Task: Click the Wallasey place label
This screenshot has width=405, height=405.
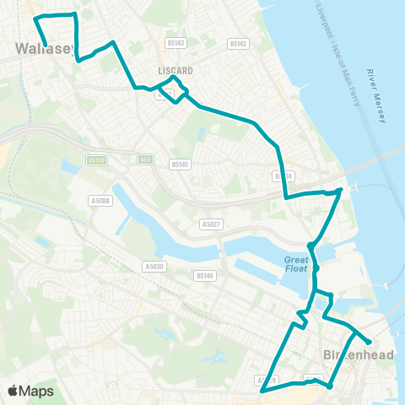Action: [34, 50]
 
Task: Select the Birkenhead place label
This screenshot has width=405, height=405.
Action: [359, 355]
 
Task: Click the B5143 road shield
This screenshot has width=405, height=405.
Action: [175, 41]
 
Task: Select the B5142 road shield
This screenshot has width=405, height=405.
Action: [239, 43]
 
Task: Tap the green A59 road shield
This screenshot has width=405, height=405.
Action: [146, 157]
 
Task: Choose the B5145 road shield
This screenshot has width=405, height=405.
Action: [181, 165]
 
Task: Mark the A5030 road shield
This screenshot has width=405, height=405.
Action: [153, 266]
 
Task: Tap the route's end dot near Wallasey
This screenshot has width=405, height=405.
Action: [44, 45]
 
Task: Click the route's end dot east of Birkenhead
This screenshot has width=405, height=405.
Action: [370, 342]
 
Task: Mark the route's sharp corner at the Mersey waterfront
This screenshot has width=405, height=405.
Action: [340, 191]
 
